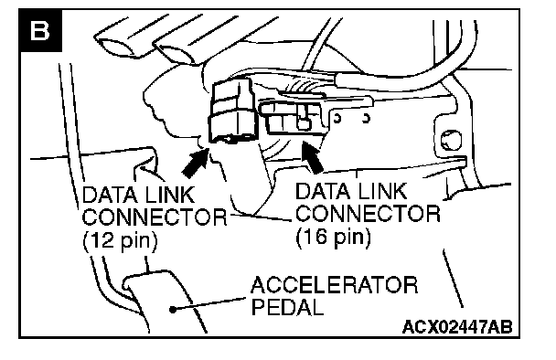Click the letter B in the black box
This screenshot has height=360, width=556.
click(x=39, y=30)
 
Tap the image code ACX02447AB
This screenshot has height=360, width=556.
click(x=457, y=327)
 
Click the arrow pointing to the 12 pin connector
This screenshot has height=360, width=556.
click(x=196, y=163)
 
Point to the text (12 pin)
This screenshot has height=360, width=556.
click(x=120, y=241)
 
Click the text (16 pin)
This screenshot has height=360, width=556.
click(x=333, y=237)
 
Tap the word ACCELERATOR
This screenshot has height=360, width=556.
click(x=335, y=285)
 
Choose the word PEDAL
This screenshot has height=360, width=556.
click(x=287, y=307)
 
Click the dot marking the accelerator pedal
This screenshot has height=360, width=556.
click(x=173, y=310)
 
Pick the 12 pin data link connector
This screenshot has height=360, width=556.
click(x=231, y=111)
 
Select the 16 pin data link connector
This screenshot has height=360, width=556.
click(x=293, y=117)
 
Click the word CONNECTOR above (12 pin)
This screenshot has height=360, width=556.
click(x=155, y=217)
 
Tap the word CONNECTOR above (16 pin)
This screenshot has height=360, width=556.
click(x=368, y=213)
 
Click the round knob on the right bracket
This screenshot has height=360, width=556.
click(x=451, y=139)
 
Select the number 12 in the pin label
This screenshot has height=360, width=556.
click(x=102, y=240)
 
